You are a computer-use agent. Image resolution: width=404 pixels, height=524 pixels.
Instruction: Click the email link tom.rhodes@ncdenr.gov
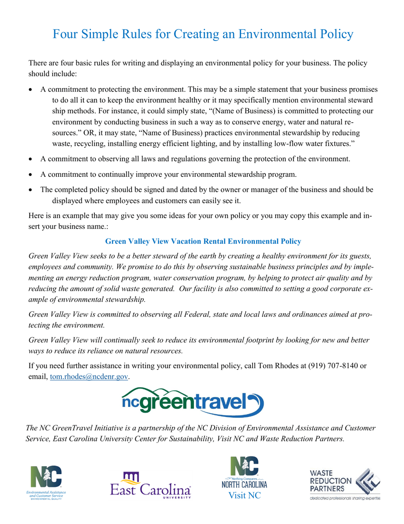[x=89, y=377]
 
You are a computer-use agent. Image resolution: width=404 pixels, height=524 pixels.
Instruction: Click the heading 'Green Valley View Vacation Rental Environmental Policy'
[x=203, y=241]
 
